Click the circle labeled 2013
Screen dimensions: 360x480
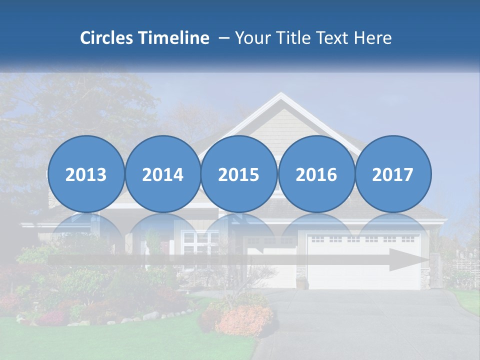(x=86, y=174)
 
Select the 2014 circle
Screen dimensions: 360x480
(x=162, y=174)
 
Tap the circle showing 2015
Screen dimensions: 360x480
(x=238, y=174)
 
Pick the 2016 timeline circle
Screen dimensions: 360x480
(x=316, y=174)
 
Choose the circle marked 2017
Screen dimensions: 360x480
(x=392, y=174)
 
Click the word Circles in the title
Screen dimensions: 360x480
(x=106, y=38)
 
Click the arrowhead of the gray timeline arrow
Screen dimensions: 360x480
(x=407, y=260)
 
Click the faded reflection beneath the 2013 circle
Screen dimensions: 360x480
(x=86, y=235)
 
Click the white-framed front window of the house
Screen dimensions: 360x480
(x=196, y=243)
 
